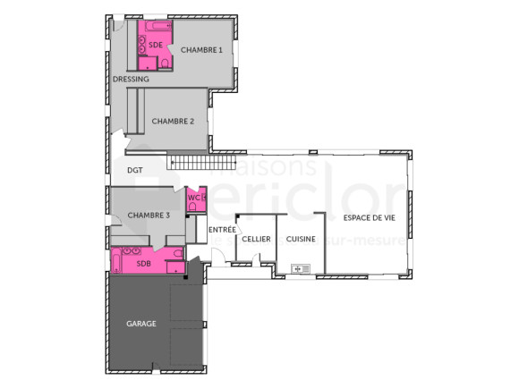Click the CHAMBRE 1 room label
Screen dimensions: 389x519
200,50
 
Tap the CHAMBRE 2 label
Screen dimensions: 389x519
173,121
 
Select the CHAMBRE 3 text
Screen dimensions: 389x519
149,216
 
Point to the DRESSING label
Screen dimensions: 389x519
131,79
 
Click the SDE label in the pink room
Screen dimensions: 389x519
156,44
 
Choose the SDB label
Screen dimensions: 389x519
143,264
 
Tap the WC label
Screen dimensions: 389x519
192,198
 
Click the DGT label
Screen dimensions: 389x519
135,169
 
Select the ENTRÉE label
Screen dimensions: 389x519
222,230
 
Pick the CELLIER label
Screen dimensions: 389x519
256,239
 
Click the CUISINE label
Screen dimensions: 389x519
301,239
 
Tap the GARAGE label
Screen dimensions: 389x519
141,324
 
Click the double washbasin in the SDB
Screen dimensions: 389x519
130,252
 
